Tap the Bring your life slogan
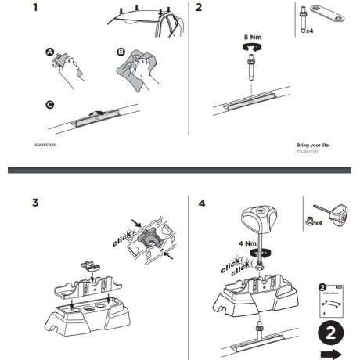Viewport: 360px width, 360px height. click(x=314, y=145)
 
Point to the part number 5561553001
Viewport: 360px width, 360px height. click(x=45, y=145)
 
